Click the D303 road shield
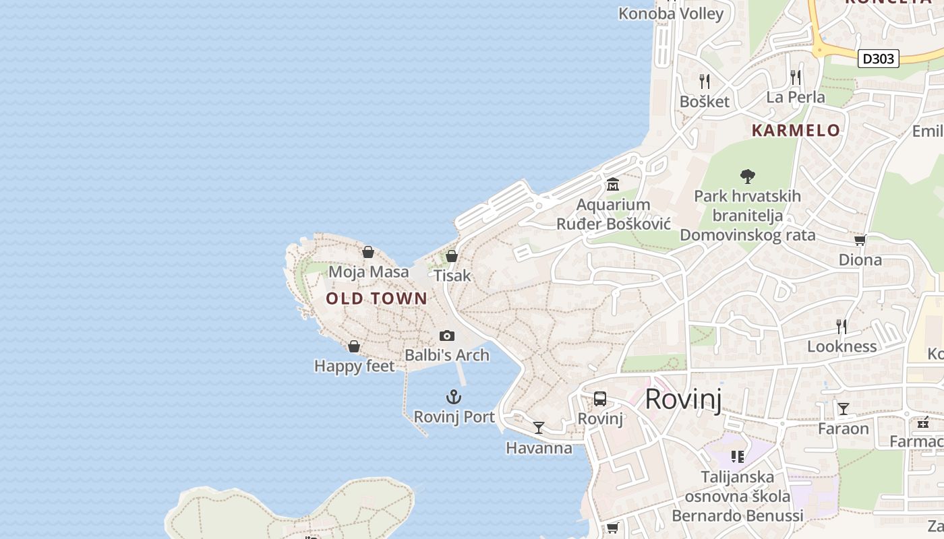coord(879,59)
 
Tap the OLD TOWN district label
coord(376,298)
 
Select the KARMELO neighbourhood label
coord(796,131)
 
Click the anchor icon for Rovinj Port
coord(454,397)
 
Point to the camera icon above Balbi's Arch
coord(446,336)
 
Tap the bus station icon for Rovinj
coord(600,399)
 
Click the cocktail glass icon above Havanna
coord(539,428)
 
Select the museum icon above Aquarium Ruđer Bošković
coord(613,184)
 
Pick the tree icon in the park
coord(747,177)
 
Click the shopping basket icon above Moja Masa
coord(368,252)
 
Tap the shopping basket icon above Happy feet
coord(354,346)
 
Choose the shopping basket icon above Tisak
coord(452,256)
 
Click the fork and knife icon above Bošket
coord(705,82)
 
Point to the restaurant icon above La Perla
coord(796,77)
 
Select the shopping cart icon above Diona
coord(860,240)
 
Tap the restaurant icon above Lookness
coord(842,327)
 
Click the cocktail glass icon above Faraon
coord(844,409)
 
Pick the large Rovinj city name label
coord(683,399)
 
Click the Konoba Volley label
coord(671,13)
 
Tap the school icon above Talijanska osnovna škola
coord(738,457)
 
